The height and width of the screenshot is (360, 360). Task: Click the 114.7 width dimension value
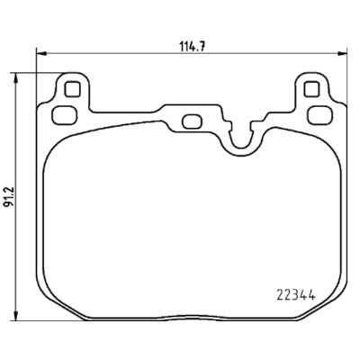coord(192,47)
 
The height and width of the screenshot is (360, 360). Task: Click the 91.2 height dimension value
coord(8,197)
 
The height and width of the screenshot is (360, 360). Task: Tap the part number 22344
coord(296,296)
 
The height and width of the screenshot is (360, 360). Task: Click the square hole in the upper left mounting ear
coord(72,89)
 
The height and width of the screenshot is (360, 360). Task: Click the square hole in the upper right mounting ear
coord(311,89)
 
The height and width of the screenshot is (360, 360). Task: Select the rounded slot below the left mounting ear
coord(64,115)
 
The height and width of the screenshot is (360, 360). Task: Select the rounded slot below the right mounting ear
coord(320,115)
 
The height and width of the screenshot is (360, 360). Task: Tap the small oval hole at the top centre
coord(193,121)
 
